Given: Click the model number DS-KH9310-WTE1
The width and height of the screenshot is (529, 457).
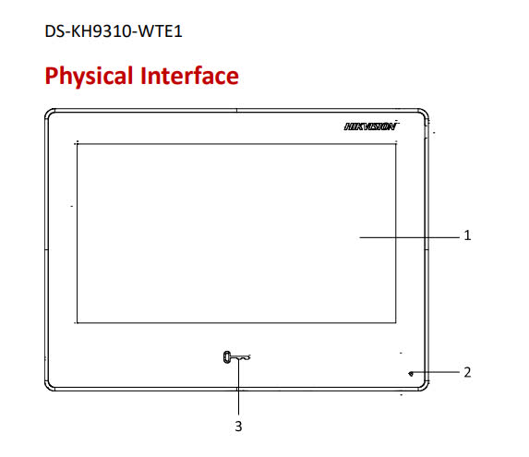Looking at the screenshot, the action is pos(114,31).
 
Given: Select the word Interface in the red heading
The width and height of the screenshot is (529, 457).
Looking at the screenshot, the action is pos(189,75).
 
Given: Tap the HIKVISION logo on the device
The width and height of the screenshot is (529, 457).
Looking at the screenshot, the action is pos(371,126).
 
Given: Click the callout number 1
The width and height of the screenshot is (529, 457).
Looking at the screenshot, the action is pos(467,235).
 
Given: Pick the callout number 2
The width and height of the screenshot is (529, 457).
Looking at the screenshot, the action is pos(467,372).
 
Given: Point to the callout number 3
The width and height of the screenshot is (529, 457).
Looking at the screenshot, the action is pos(238,427).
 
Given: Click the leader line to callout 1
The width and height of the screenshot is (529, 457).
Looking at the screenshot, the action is pos(410,237).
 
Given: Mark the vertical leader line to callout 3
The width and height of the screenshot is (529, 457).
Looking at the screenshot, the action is pos(238,387).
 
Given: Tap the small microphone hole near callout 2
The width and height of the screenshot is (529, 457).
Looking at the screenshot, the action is pos(411,373).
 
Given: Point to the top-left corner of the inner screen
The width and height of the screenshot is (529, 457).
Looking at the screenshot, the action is pos(78,144).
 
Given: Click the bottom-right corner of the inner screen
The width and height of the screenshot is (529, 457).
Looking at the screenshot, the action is pos(396,323).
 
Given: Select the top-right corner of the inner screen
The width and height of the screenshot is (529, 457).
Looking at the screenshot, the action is pos(396,144).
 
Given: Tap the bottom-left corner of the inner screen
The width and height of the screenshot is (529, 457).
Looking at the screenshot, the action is pos(78,323).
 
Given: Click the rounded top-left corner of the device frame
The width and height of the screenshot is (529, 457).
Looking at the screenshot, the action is pos(48,112).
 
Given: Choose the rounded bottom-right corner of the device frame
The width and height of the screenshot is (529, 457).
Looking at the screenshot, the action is pos(426,388).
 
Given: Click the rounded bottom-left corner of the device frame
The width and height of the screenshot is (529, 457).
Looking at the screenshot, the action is pos(48,388).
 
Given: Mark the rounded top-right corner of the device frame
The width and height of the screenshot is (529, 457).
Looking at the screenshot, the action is pos(426,112).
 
